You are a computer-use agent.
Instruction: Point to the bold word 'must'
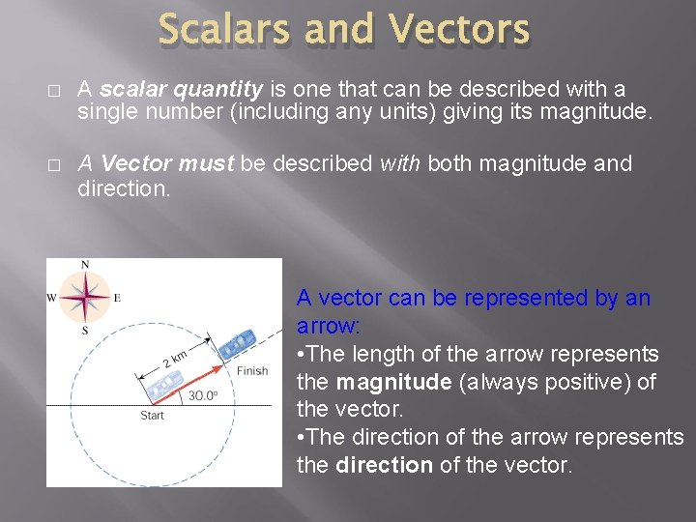(x=205, y=163)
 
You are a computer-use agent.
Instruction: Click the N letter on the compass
(x=85, y=265)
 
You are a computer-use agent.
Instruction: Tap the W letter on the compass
(x=52, y=298)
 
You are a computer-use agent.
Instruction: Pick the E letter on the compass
(x=117, y=298)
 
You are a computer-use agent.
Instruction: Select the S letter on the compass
(x=85, y=330)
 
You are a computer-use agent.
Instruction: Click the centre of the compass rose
(x=85, y=297)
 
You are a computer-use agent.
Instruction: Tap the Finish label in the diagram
(x=251, y=370)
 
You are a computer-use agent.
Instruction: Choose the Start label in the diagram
(x=152, y=416)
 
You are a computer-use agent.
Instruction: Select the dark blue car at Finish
(x=236, y=344)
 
